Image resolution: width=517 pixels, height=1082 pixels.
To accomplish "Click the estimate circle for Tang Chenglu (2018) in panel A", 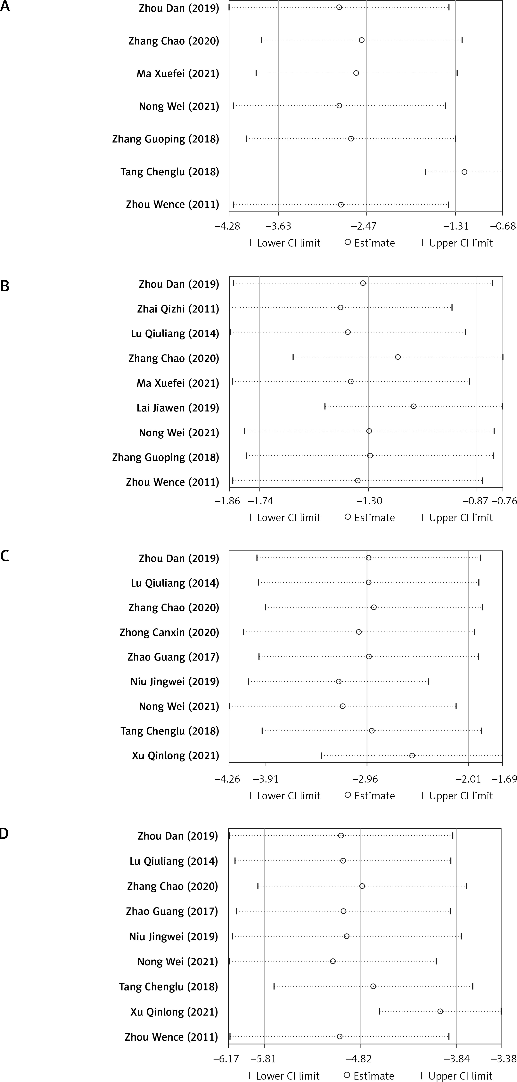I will click(464, 172).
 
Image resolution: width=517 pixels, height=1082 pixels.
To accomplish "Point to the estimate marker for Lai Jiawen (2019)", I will click(413, 406).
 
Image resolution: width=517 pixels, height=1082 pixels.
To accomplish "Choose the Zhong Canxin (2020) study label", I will click(169, 632).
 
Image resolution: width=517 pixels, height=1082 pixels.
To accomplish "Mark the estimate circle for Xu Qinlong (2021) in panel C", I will click(412, 756).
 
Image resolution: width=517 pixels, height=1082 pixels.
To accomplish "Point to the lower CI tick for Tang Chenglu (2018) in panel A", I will click(425, 172).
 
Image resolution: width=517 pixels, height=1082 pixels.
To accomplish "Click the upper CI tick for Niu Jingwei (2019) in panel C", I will click(428, 681).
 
